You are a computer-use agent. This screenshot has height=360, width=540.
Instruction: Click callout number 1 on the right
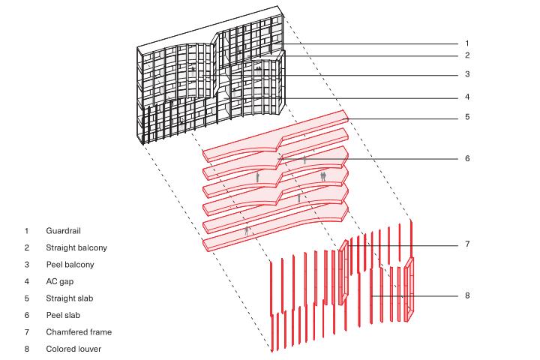[467, 43]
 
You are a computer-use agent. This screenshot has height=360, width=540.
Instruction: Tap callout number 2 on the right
[467, 55]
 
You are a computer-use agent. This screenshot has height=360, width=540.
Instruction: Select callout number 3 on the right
[467, 74]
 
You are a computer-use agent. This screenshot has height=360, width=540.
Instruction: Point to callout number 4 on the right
[467, 97]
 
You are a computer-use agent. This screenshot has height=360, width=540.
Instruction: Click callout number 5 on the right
[467, 117]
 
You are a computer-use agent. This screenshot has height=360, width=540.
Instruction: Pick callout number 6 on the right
[467, 158]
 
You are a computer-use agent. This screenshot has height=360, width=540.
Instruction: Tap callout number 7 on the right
[467, 244]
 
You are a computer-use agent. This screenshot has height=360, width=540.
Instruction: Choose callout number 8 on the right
[467, 295]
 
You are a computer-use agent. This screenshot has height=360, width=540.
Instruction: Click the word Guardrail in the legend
[63, 231]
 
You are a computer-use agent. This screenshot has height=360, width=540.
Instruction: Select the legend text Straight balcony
[76, 247]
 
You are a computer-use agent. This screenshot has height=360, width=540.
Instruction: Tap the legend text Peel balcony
[70, 265]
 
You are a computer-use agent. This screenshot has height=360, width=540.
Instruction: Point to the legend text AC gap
[59, 282]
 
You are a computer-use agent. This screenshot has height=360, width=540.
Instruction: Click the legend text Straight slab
[69, 298]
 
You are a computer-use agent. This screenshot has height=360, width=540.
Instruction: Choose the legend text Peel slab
[63, 315]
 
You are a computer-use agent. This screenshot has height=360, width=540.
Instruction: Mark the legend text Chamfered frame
[79, 332]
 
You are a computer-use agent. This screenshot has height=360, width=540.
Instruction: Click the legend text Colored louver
[73, 349]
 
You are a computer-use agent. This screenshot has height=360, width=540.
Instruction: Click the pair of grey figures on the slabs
[323, 177]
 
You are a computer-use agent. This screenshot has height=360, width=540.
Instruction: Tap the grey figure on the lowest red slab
[246, 231]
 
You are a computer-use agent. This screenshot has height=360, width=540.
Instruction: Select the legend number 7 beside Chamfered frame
[27, 332]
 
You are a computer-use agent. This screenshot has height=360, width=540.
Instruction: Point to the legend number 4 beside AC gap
[27, 282]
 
